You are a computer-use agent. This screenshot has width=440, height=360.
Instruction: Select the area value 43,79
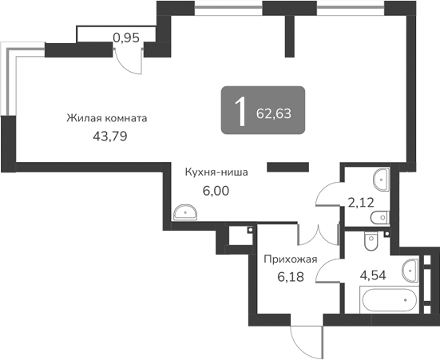click(x=110, y=136)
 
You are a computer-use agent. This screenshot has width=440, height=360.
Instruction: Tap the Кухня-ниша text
click(x=216, y=171)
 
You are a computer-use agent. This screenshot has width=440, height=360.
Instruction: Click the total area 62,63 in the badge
click(x=274, y=113)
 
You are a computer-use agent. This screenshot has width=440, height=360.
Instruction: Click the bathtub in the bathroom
click(x=389, y=302)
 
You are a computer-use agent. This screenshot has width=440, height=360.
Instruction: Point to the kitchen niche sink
click(x=185, y=212)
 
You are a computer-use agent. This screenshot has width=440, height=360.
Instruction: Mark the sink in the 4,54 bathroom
click(x=411, y=267)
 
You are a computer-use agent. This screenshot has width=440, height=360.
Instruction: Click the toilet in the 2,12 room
click(x=383, y=216)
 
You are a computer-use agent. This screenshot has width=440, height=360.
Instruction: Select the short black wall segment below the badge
click(x=287, y=167)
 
